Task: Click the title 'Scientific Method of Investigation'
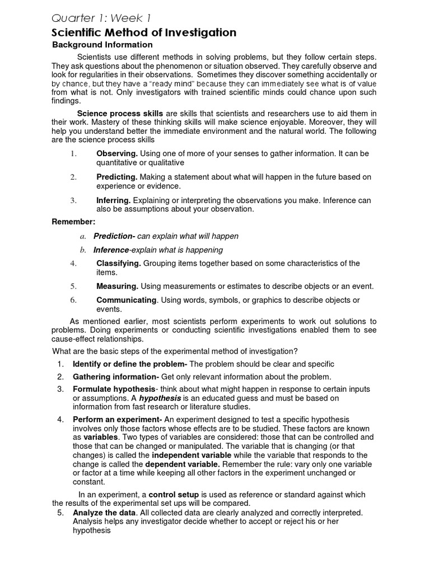[x=144, y=33]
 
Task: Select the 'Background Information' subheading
[x=102, y=45]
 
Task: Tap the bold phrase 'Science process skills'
[x=120, y=114]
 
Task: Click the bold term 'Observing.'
[x=116, y=153]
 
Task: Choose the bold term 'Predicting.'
[x=117, y=177]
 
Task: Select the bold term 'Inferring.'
[x=114, y=200]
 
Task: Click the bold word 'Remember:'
[x=70, y=222]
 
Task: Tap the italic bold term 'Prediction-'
[x=114, y=236]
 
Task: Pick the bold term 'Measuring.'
[x=118, y=286]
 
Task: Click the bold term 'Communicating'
[x=126, y=300]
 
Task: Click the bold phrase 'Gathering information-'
[x=116, y=377]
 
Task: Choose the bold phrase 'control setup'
[x=174, y=495]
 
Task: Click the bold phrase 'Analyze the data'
[x=104, y=513]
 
